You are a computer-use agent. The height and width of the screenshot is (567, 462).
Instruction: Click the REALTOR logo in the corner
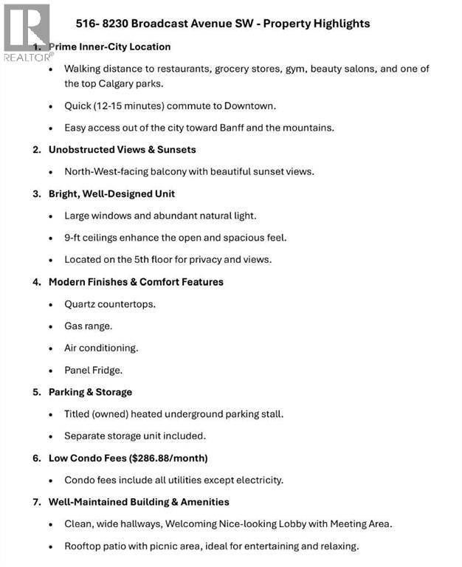pos(27,32)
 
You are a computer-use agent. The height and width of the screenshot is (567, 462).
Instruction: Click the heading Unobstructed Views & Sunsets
pos(122,149)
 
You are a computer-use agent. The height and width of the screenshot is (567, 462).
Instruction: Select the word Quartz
pos(80,303)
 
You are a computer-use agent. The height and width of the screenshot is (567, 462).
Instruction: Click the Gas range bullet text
pos(88,326)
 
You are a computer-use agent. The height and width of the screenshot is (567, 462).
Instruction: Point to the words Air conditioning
pos(101,348)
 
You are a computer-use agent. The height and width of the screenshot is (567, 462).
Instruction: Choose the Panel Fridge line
pos(94,370)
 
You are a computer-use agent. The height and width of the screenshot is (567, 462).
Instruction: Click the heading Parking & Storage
pos(90,392)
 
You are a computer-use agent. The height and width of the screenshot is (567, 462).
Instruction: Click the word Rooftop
pos(83,546)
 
